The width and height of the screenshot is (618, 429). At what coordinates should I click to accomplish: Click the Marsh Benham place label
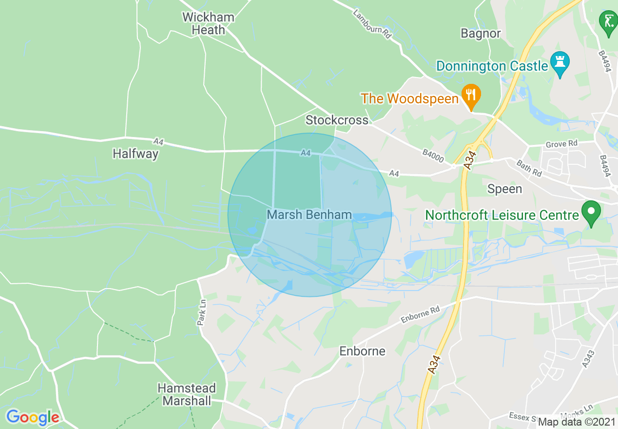309,214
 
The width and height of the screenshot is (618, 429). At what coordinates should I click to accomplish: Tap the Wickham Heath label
208,23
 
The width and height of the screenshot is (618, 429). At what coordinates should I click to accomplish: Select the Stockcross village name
337,120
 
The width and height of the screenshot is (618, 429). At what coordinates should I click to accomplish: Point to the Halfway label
135,154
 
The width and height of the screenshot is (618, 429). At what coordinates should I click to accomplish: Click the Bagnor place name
481,33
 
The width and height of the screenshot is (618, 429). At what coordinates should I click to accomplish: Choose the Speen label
504,189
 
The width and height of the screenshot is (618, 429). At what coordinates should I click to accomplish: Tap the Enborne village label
362,351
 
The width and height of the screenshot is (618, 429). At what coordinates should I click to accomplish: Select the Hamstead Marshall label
187,394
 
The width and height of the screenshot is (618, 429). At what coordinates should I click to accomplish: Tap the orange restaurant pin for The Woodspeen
471,96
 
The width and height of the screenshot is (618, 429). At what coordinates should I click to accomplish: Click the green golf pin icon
608,22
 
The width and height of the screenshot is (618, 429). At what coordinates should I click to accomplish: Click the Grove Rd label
561,144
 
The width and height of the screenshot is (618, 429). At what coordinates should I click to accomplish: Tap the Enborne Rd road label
420,315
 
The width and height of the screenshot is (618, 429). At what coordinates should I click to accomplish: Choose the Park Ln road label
202,312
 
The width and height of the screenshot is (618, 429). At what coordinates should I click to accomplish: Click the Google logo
33,417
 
